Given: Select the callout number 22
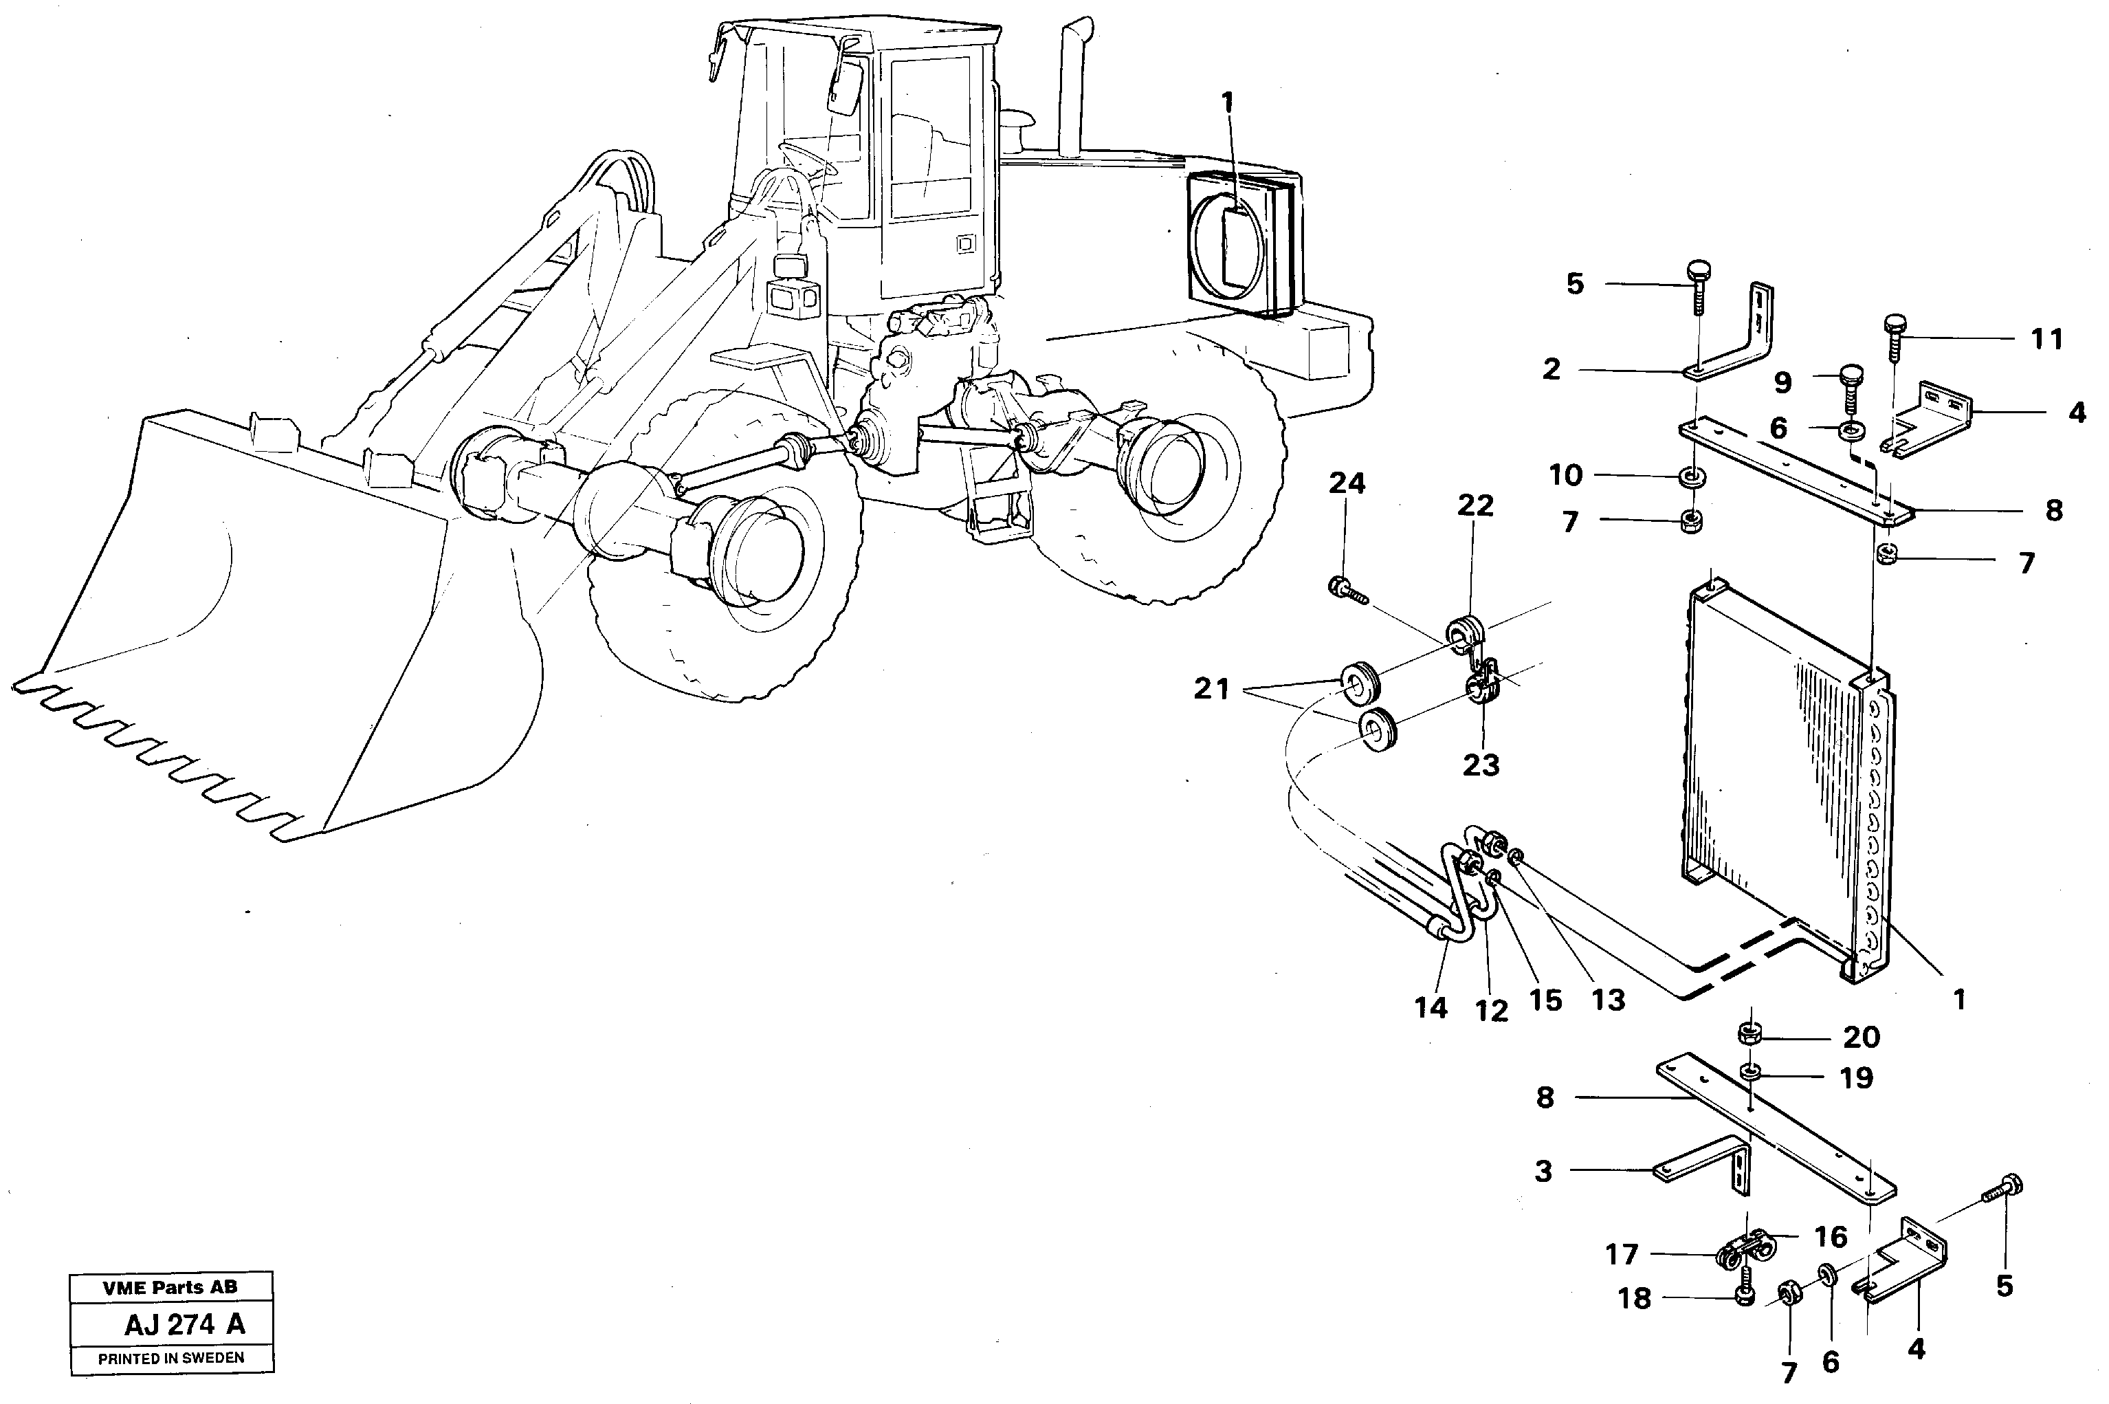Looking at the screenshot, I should [1475, 506].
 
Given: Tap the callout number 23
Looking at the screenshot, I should [1481, 765].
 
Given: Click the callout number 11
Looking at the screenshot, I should [2046, 340].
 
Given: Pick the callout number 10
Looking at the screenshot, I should [1566, 476].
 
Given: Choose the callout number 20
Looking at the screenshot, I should [1861, 1037].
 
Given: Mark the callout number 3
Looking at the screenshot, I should [1543, 1171].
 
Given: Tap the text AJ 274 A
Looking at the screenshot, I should [184, 1324].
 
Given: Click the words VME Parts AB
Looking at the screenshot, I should [170, 1288].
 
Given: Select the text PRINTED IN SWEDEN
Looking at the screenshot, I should [171, 1359].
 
